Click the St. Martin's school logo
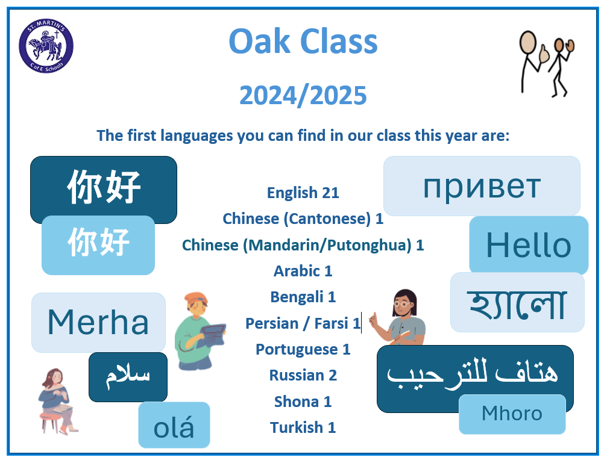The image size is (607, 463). (46, 46)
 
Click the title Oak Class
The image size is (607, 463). (303, 42)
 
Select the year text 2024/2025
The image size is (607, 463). (303, 95)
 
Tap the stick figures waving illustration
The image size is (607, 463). (546, 64)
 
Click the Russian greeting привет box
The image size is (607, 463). (482, 186)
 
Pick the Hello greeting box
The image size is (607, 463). (529, 245)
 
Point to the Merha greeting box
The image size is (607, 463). (98, 322)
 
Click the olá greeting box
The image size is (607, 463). (174, 424)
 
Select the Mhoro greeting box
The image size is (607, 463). (512, 414)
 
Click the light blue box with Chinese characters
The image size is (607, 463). (98, 245)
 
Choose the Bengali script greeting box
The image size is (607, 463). (517, 302)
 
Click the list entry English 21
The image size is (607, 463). (303, 193)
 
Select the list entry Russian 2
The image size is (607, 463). (303, 375)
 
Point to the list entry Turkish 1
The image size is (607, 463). (303, 427)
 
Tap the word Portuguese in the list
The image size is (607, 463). (297, 350)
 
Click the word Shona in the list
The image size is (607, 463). (297, 402)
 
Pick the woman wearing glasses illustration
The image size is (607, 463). (397, 317)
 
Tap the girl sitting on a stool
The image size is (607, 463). (58, 401)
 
